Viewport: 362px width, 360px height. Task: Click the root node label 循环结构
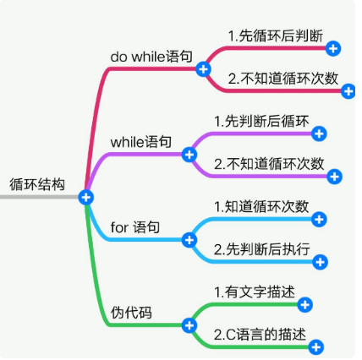pos(36,183)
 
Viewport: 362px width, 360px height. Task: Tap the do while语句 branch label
pos(151,55)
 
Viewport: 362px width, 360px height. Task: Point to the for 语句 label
pos(135,227)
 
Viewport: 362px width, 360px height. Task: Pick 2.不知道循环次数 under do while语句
pos(283,78)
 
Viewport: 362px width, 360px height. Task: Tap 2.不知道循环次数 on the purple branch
pos(269,163)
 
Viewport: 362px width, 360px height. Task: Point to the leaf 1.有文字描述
pos(255,292)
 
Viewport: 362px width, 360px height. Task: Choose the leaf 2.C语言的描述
pos(261,334)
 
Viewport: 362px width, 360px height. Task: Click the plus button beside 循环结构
pos(85,197)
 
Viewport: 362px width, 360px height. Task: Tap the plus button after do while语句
pos(203,68)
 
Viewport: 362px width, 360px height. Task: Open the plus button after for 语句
pos(189,240)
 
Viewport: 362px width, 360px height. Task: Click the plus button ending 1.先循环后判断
pos(333,50)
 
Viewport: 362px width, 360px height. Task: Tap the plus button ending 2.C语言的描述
pos(315,346)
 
